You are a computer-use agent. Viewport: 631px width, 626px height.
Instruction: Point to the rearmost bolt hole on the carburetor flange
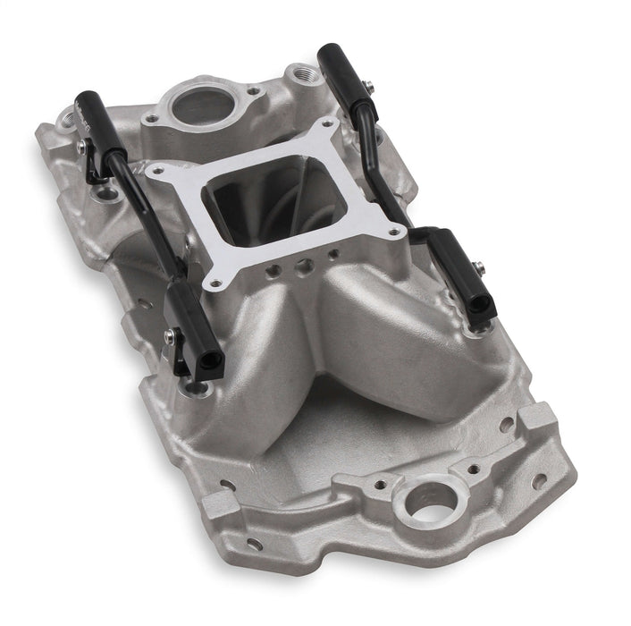click(327, 123)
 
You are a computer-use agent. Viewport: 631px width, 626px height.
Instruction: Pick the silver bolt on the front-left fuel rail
click(169, 336)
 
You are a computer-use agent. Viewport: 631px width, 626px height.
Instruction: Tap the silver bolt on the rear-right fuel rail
click(367, 86)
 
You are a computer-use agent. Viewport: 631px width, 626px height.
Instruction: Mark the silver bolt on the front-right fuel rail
click(480, 266)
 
